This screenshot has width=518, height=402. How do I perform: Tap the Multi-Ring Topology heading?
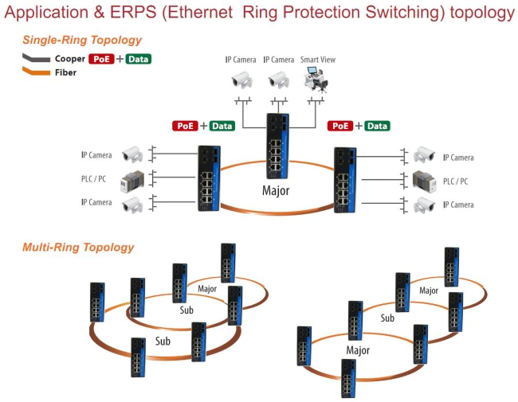click(78, 248)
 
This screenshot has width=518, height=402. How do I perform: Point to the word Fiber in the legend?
click(66, 72)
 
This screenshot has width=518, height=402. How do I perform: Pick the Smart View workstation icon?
click(316, 78)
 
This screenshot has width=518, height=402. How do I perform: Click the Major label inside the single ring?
click(276, 190)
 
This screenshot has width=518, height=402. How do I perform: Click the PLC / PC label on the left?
click(96, 179)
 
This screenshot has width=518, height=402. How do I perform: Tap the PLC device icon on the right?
click(422, 180)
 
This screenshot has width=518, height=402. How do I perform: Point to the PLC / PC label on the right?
click(455, 181)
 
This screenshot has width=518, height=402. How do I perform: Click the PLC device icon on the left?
click(131, 180)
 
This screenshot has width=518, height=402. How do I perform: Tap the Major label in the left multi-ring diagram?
click(207, 288)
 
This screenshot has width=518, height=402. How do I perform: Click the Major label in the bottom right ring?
click(358, 350)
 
